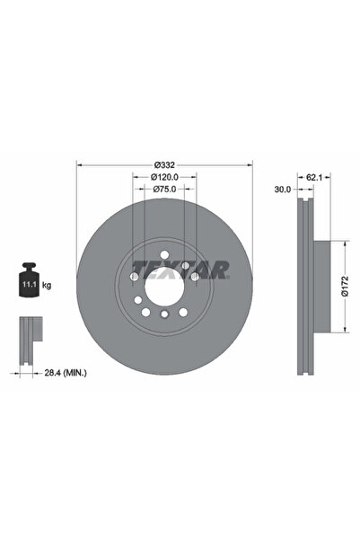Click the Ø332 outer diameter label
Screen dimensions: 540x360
tap(164, 164)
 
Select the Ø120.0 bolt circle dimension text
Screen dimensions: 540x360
tap(164, 177)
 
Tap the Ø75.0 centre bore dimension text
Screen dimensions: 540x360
tap(164, 190)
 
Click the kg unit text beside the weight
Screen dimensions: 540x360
tap(47, 285)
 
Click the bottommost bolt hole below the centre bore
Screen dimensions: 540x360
tap(165, 314)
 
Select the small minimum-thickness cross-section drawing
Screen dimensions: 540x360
tap(30, 333)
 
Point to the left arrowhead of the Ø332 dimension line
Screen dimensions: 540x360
tap(82, 164)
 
